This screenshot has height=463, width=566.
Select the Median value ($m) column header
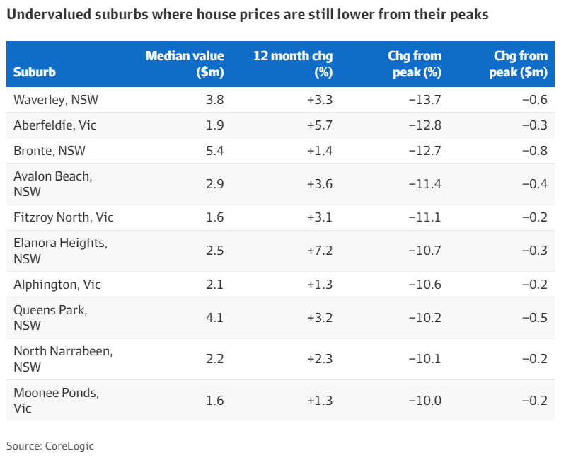pos(185,64)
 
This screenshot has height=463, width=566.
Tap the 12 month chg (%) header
pos(293,64)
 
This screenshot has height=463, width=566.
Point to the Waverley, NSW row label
pos(56,100)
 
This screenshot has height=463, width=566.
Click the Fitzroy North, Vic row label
pos(64,217)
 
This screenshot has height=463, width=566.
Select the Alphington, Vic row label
pos(57,285)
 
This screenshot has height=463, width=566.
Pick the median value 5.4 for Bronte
pos(214,151)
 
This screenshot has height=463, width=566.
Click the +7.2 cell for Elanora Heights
pos(320,251)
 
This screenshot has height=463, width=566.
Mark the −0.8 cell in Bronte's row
pos(534,151)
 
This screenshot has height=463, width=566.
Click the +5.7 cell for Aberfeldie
pos(320,125)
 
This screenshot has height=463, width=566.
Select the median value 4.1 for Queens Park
pos(214,318)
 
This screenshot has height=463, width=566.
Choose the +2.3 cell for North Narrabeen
pos(320,359)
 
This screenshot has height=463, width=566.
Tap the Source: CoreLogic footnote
pos(50,446)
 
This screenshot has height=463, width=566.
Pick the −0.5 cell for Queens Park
pos(534,318)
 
